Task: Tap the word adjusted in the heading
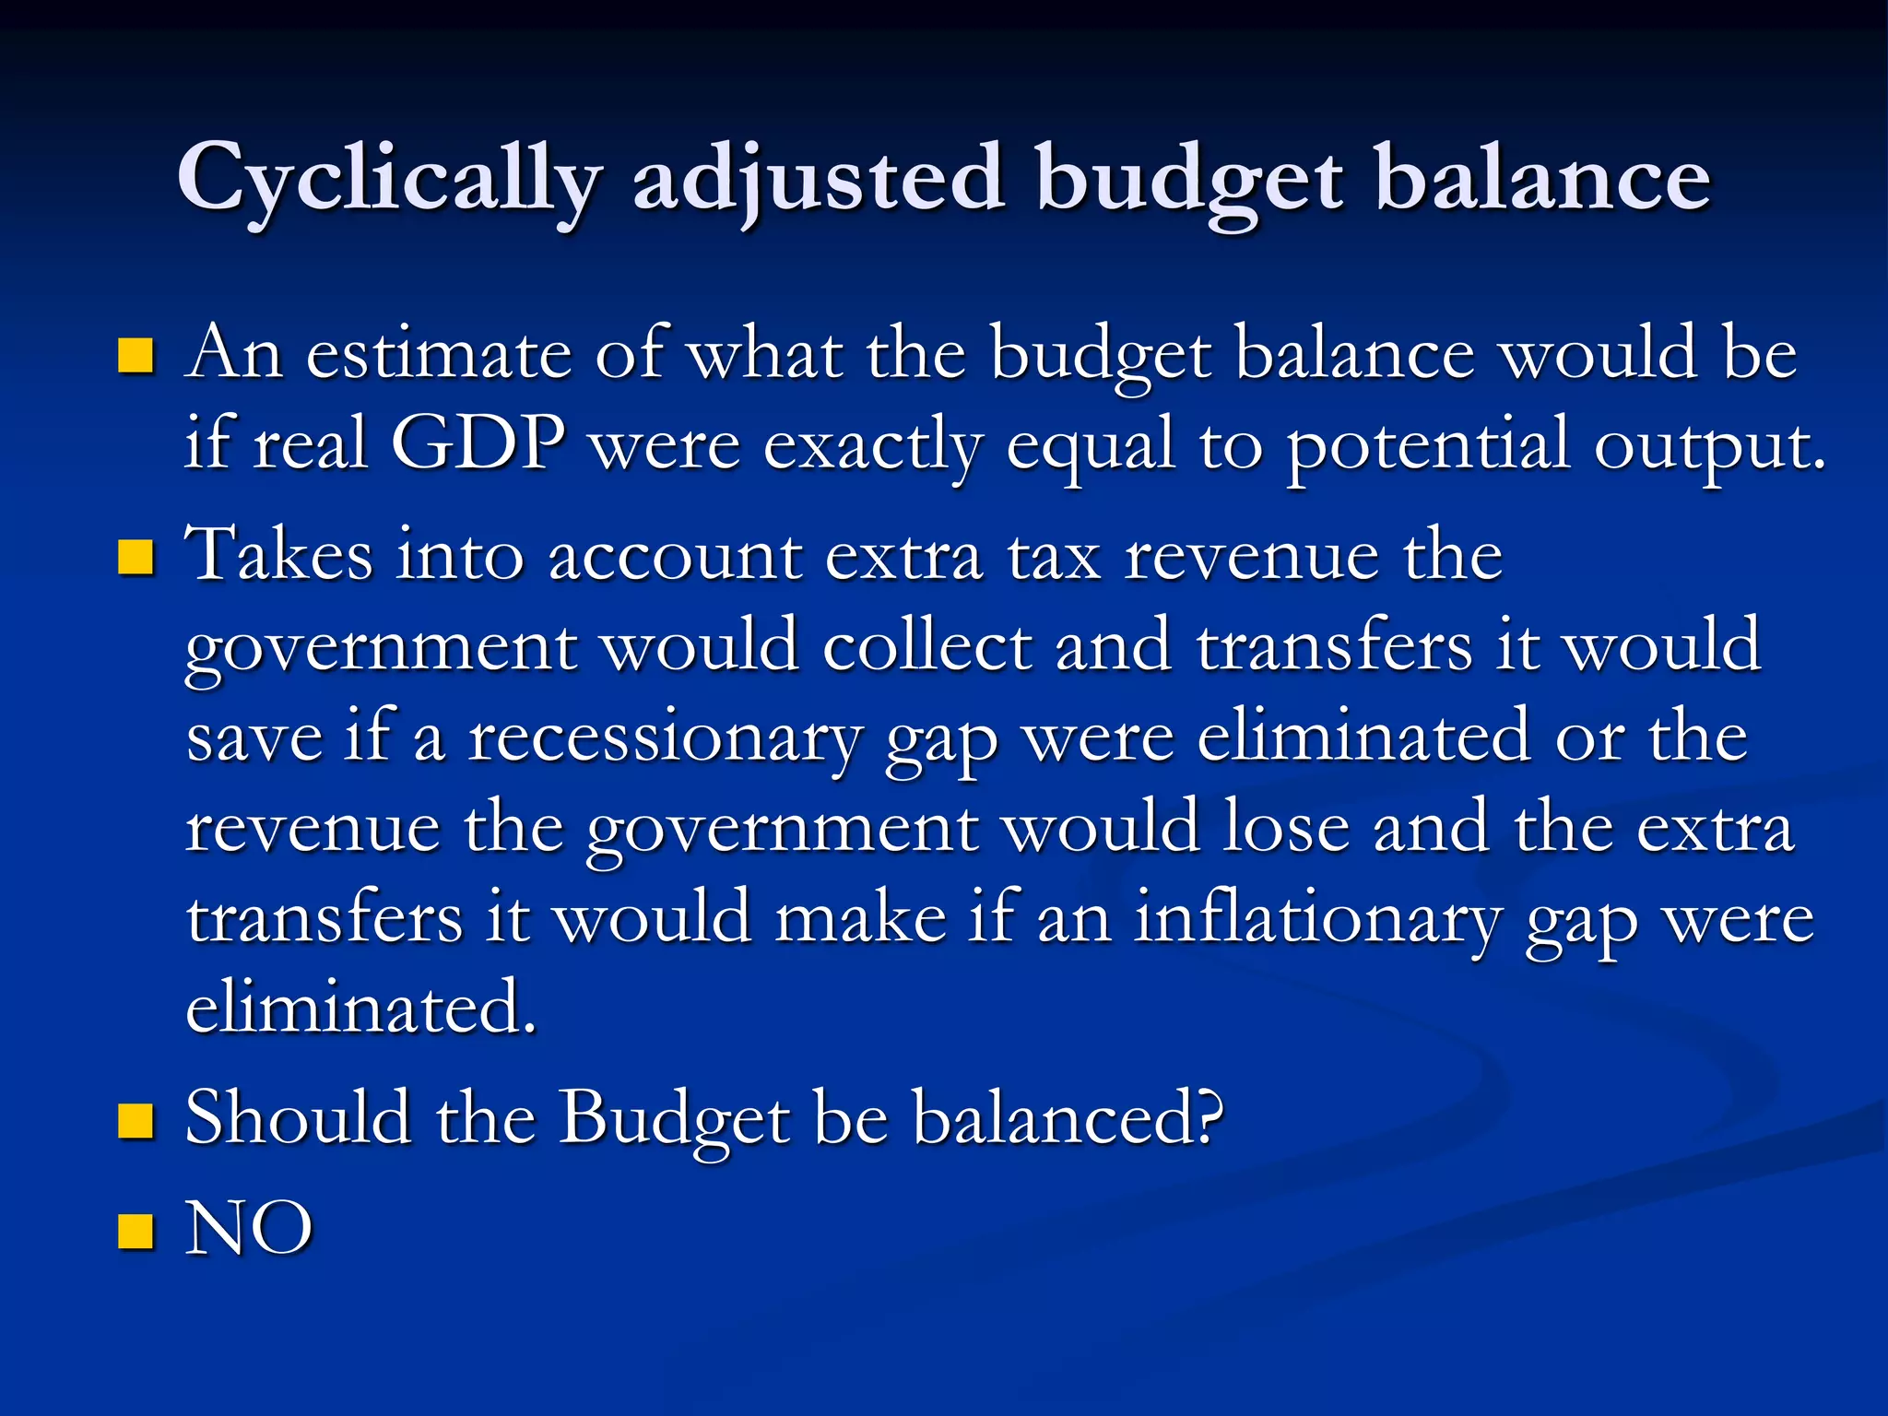(817, 180)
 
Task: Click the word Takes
(279, 555)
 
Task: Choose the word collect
(926, 646)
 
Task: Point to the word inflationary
(1318, 919)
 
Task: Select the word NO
(249, 1229)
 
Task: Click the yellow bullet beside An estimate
(136, 356)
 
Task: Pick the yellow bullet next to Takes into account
(136, 558)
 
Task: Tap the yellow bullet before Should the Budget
(136, 1122)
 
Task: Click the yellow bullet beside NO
(136, 1231)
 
